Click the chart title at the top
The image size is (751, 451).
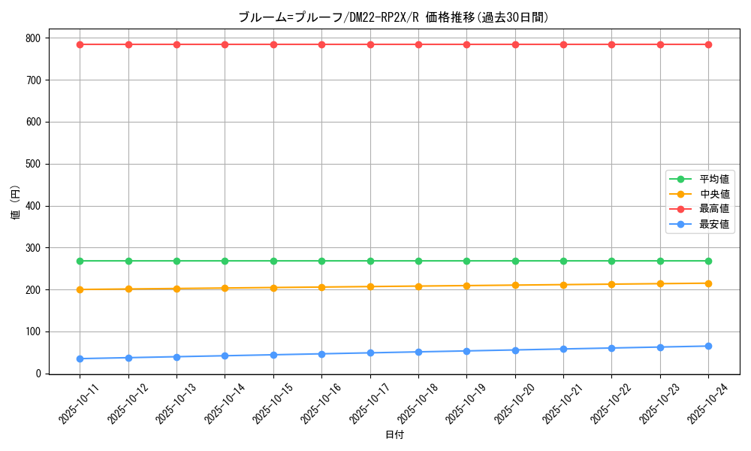(394, 17)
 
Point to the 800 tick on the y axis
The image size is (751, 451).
(32, 38)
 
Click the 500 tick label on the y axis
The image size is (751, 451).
(32, 164)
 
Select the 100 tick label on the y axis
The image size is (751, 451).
(32, 331)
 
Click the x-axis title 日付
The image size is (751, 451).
(394, 435)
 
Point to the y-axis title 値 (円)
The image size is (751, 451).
(16, 204)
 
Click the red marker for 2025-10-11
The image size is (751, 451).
(80, 44)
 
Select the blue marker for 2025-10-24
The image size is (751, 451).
(708, 346)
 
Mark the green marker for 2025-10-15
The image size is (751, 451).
(273, 261)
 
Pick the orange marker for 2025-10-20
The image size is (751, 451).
(515, 285)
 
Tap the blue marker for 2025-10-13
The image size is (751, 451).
(176, 357)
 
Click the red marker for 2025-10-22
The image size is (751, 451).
(611, 44)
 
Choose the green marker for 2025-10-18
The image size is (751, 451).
(418, 261)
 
